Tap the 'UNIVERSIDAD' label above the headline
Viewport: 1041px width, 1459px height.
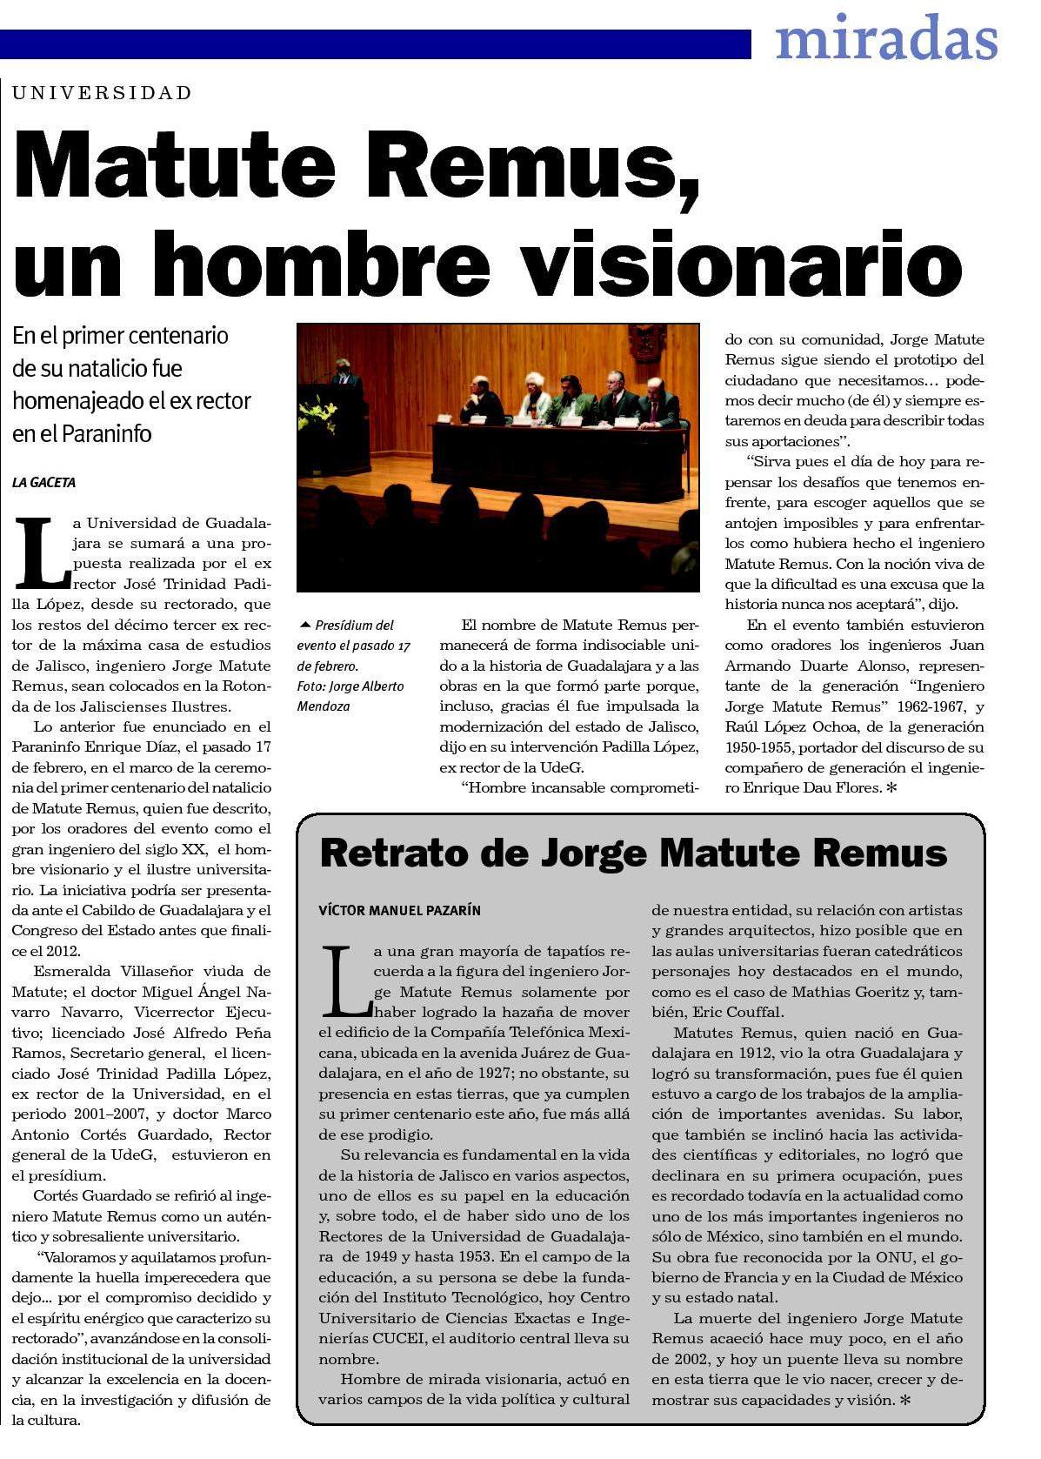pyautogui.click(x=103, y=93)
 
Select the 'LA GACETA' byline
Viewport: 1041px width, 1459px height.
pyautogui.click(x=43, y=482)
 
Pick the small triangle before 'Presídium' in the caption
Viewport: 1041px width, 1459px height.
pyautogui.click(x=304, y=625)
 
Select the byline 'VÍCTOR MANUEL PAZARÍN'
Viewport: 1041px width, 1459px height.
pyautogui.click(x=399, y=911)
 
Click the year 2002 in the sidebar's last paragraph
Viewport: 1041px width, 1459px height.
pyautogui.click(x=674, y=1359)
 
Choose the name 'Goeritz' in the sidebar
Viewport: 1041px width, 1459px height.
pyautogui.click(x=884, y=992)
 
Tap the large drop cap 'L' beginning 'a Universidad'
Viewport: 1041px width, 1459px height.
pyautogui.click(x=40, y=552)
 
